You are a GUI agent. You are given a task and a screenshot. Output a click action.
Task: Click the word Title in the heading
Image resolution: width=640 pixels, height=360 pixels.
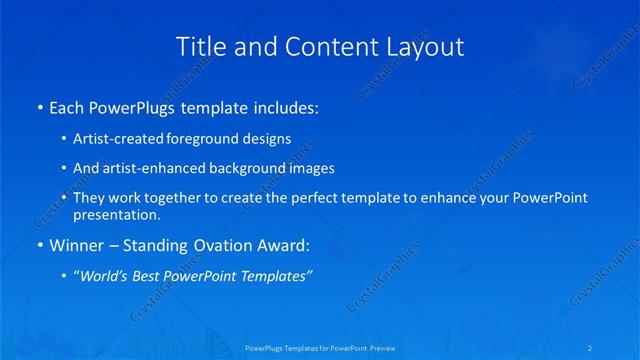tap(197, 46)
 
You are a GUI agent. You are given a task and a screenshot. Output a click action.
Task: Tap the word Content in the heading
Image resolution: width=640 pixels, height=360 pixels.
tap(307, 46)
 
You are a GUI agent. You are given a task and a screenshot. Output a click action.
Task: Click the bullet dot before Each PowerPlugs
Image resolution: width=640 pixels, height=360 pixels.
tap(39, 106)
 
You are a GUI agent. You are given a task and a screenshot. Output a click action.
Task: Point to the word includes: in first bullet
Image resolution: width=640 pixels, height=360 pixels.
tap(285, 106)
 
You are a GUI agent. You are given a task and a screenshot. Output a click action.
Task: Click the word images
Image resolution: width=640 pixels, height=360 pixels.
tap(308, 168)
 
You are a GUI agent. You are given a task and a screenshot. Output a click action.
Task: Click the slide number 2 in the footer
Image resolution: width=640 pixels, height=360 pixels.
tap(590, 348)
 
